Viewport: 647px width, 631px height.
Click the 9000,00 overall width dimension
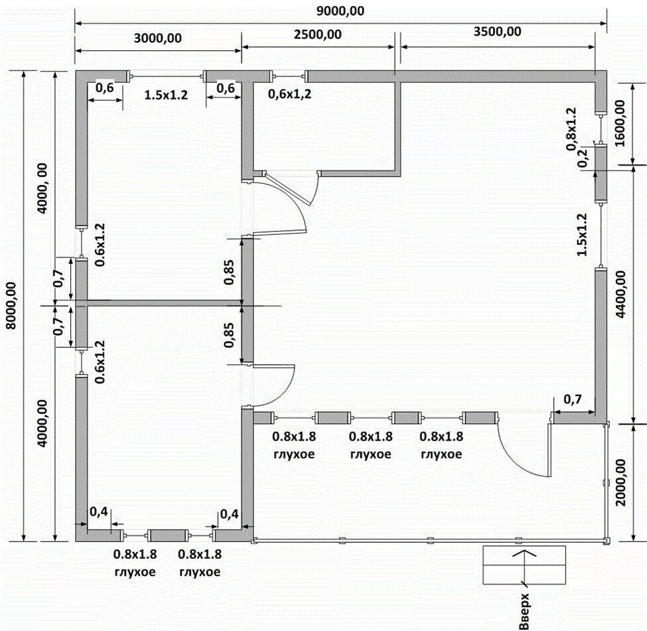(x=340, y=11)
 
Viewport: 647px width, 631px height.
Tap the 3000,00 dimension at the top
(x=158, y=38)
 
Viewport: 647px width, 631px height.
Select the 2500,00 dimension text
(x=318, y=35)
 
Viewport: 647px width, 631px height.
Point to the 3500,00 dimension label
(x=497, y=32)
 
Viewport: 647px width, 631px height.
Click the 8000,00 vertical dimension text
(x=11, y=306)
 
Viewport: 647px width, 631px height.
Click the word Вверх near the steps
(x=524, y=612)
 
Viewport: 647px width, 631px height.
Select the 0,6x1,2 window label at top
(x=290, y=94)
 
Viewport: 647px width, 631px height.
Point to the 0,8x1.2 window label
(x=571, y=129)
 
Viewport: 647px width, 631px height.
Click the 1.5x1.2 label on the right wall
(x=582, y=235)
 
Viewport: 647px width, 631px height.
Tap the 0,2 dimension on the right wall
(x=583, y=157)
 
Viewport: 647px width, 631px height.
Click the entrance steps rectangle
(x=524, y=565)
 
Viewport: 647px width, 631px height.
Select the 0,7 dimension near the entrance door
(x=572, y=399)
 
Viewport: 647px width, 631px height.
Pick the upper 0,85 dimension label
(x=229, y=272)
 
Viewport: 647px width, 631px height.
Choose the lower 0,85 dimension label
(x=229, y=334)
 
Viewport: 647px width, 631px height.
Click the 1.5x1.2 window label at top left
(x=166, y=96)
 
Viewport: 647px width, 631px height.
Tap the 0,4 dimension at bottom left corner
(x=99, y=512)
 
